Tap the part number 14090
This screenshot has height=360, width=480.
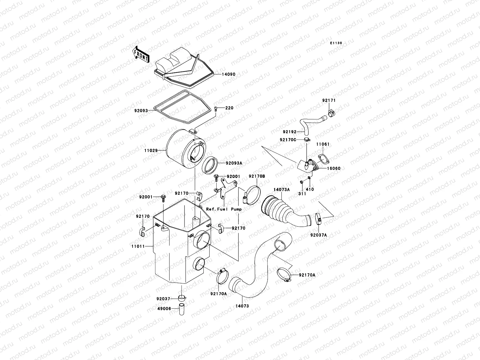pyautogui.click(x=229, y=74)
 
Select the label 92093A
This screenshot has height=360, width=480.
pyautogui.click(x=234, y=163)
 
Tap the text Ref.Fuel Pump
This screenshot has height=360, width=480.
pyautogui.click(x=224, y=209)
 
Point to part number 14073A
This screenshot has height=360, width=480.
pyautogui.click(x=281, y=190)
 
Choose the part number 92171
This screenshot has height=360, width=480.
pyautogui.click(x=329, y=100)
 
